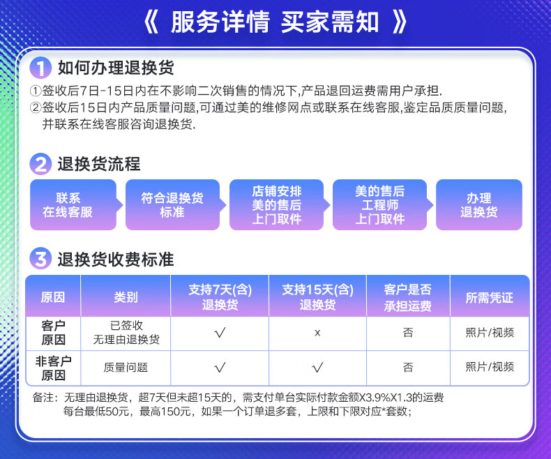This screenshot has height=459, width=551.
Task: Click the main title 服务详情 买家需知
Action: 275,22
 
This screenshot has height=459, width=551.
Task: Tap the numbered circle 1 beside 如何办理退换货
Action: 40,68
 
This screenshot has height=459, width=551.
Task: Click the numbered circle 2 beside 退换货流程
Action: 40,164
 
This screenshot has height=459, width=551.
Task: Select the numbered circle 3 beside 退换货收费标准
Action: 40,259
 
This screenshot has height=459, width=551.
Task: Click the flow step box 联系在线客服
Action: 73,205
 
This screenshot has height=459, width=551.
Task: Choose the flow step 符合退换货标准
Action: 172,205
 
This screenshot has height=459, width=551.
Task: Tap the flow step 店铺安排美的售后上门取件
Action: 277,205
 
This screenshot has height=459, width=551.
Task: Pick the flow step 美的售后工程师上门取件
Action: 380,205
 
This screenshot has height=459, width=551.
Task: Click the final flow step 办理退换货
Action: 479,205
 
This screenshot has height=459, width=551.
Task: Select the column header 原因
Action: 53,297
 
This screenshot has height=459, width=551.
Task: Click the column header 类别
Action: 126,297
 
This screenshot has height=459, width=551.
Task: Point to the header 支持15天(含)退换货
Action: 317,297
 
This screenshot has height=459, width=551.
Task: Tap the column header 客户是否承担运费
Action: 408,297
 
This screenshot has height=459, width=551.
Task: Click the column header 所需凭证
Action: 490,298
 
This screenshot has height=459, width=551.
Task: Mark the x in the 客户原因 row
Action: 317,333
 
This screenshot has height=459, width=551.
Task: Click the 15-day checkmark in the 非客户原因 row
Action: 317,368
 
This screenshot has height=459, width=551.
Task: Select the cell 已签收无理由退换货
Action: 126,333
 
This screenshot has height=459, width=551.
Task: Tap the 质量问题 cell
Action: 126,368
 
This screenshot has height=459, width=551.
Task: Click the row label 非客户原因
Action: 54,368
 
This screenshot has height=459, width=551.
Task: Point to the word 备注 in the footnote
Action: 43,398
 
